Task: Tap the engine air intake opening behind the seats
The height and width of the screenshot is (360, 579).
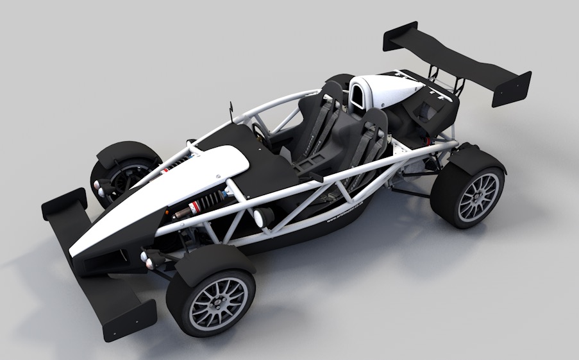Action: click(354, 96)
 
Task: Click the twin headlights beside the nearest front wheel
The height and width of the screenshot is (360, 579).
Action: click(149, 258)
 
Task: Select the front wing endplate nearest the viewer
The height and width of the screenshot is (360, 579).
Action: click(128, 318)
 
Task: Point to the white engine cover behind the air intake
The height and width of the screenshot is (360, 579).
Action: click(391, 90)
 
